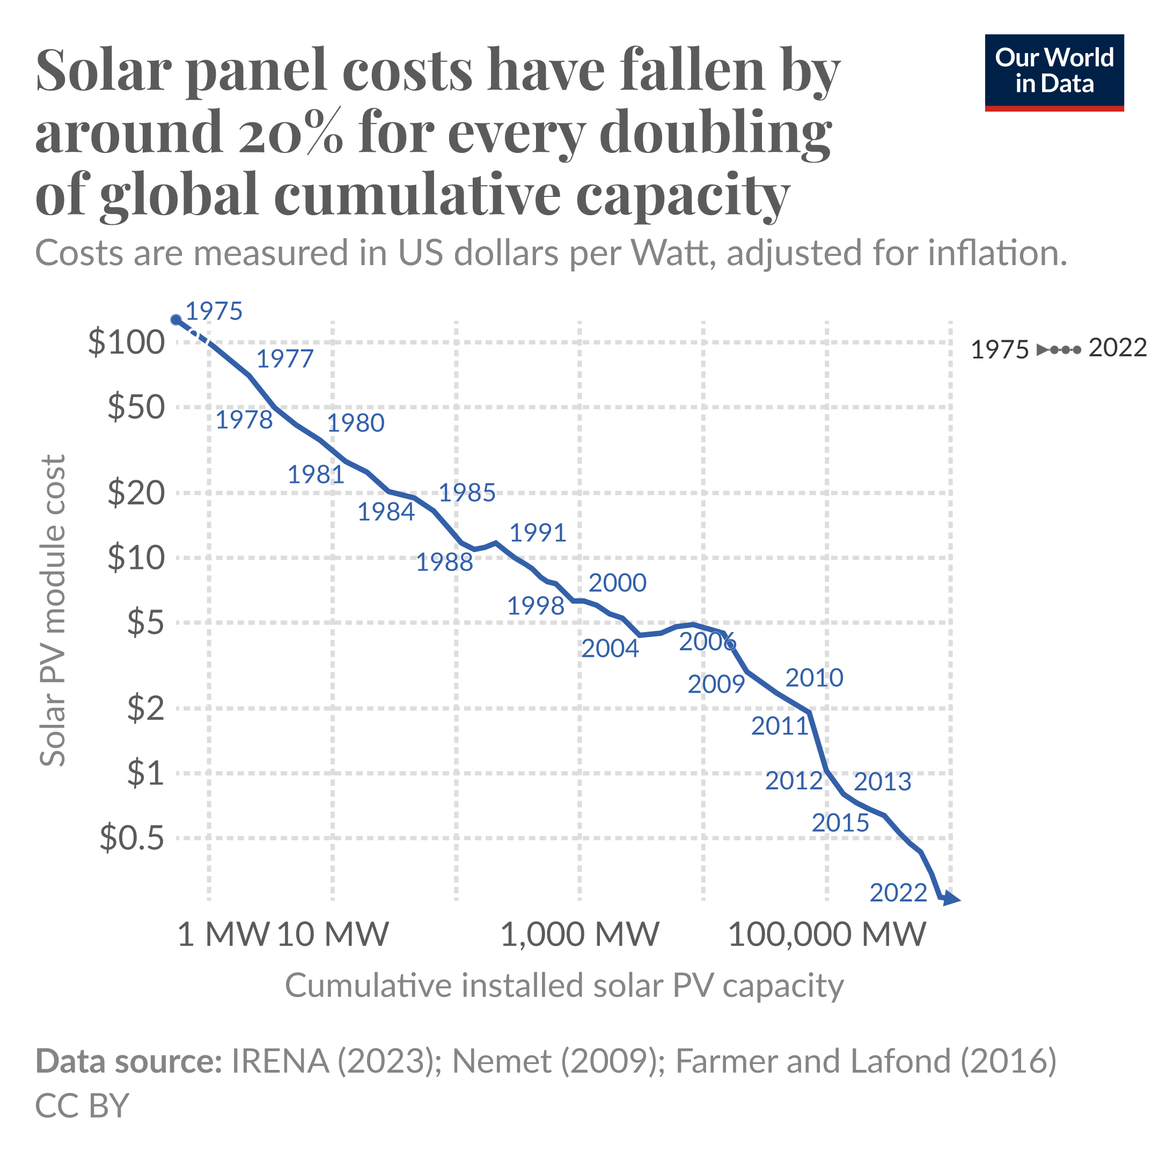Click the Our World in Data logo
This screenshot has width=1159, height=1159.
[1054, 72]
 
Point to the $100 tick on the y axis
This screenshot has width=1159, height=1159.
[126, 343]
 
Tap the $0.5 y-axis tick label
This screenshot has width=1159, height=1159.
[131, 838]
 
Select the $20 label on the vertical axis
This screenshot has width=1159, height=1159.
[136, 494]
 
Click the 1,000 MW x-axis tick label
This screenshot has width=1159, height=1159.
[579, 934]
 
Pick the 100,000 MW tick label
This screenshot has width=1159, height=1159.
[827, 934]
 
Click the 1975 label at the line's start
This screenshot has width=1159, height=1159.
[214, 311]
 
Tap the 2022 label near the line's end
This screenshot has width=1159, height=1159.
[898, 893]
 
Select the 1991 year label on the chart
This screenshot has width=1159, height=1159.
[538, 533]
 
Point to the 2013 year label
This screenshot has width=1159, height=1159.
[883, 782]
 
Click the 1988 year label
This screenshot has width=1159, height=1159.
[444, 563]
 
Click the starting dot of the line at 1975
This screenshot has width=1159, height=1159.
[176, 320]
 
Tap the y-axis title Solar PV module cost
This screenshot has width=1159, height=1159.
[53, 611]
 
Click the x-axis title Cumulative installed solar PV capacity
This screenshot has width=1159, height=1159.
[564, 986]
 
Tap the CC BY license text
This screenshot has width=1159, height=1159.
[82, 1105]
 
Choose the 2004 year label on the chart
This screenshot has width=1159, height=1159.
[610, 649]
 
